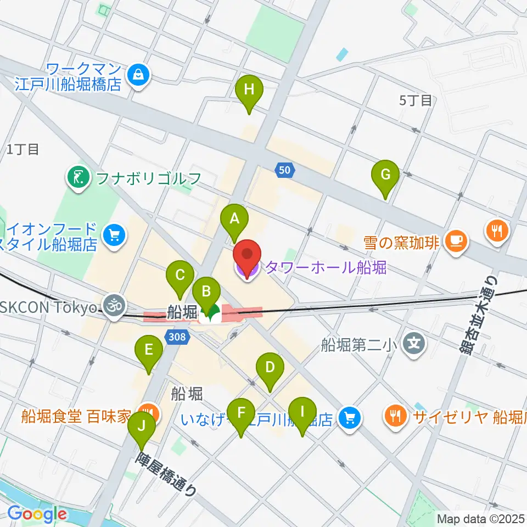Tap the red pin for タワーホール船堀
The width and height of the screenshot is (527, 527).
[x=247, y=259]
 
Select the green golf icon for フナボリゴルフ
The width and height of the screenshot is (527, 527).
[x=79, y=177]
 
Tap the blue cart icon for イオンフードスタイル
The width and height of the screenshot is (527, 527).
[x=114, y=236]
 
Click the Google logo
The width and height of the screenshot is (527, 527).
[x=37, y=514]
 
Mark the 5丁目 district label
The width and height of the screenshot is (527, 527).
[x=416, y=100]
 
